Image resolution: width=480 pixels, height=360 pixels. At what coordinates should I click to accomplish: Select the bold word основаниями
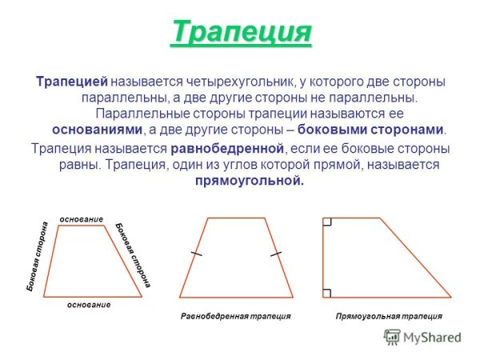[x=97, y=129]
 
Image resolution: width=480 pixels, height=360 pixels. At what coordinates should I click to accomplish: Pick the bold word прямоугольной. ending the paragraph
[x=250, y=181]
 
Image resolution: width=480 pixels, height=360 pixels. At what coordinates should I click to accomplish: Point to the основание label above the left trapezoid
[x=82, y=218]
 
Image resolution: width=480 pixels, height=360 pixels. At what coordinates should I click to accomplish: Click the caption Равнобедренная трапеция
[x=235, y=317]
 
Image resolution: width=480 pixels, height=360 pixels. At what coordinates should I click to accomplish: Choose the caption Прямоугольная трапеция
[x=388, y=317]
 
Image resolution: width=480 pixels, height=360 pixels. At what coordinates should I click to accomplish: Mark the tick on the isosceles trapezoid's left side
[x=197, y=254]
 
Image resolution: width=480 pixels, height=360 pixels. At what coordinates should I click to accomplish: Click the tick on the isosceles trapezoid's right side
[x=277, y=254]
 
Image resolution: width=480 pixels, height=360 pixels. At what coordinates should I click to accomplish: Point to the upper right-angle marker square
[x=326, y=222]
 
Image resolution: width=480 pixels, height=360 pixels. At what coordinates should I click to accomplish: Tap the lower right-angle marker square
[x=326, y=292]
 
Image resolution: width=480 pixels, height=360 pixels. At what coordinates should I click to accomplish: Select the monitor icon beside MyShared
[x=392, y=337]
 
